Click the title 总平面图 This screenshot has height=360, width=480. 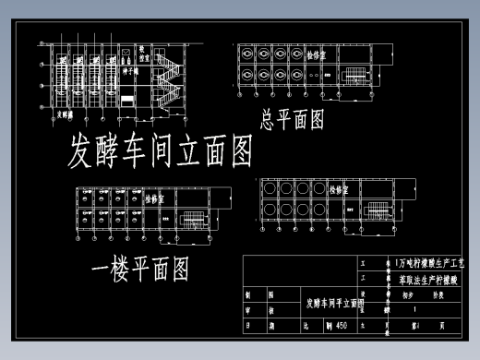[x=292, y=119]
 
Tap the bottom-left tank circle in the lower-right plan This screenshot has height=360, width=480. [x=269, y=210]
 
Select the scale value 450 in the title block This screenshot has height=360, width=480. [x=341, y=325]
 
